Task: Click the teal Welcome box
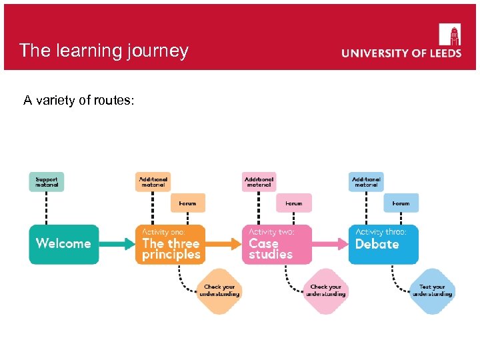click(64, 244)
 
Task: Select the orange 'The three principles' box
click(171, 244)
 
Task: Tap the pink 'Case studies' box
click(277, 244)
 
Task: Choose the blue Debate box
click(383, 244)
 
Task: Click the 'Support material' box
click(47, 182)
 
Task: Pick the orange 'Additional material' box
click(153, 182)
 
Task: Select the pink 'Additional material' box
click(259, 182)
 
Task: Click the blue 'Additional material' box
click(366, 182)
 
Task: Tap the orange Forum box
click(188, 203)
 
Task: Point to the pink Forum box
click(294, 203)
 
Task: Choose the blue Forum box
click(401, 203)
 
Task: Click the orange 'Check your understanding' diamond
click(220, 291)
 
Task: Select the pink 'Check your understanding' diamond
click(326, 291)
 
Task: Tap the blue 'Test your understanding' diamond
click(432, 291)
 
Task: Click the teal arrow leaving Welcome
click(117, 244)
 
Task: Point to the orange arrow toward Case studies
click(223, 244)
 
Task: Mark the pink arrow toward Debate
click(330, 244)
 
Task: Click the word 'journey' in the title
click(157, 51)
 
